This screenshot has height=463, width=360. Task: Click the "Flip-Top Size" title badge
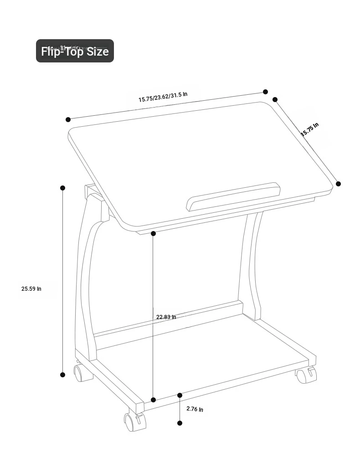pyautogui.click(x=75, y=51)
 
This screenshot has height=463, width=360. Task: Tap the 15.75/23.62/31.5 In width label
pyautogui.click(x=163, y=97)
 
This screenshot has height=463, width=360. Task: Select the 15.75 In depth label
pyautogui.click(x=310, y=129)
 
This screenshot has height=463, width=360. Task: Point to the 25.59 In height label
pyautogui.click(x=31, y=289)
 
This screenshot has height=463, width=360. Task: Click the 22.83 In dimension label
pyautogui.click(x=166, y=317)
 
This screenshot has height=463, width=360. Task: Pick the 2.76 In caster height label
pyautogui.click(x=195, y=409)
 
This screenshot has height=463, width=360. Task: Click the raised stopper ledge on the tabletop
pyautogui.click(x=233, y=196)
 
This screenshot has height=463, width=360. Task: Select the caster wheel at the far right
pyautogui.click(x=306, y=375)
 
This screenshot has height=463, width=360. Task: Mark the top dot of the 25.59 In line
pyautogui.click(x=62, y=188)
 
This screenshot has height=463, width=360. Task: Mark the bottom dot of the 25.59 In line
pyautogui.click(x=62, y=375)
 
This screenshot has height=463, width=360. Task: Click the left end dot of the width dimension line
pyautogui.click(x=68, y=119)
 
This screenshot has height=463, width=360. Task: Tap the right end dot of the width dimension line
pyautogui.click(x=265, y=92)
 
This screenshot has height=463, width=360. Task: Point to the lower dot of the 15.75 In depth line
pyautogui.click(x=339, y=184)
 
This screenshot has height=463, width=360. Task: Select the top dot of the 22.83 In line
pyautogui.click(x=153, y=234)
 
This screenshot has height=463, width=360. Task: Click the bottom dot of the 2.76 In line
pyautogui.click(x=180, y=423)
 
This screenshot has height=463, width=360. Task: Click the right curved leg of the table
pyautogui.click(x=251, y=266)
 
